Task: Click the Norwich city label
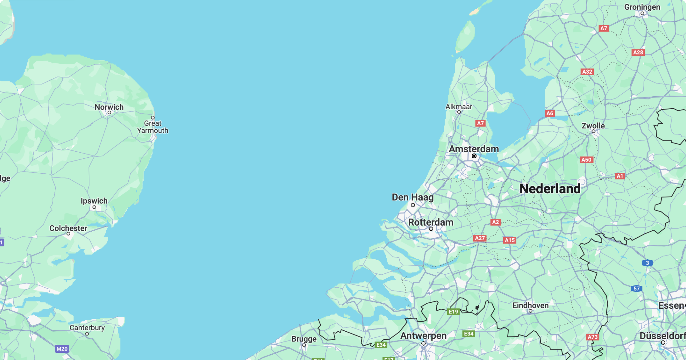coord(109,107)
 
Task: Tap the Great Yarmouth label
coord(153,127)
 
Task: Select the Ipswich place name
coord(94,201)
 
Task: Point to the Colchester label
coord(68,228)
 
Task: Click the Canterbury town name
coord(87,328)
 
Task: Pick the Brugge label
coord(304,339)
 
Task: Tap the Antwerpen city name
coord(423,336)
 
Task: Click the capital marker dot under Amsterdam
coord(474,156)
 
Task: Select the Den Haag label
coord(413,197)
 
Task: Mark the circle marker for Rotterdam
coord(431,229)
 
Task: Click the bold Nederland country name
coord(550,189)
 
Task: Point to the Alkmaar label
coord(459,107)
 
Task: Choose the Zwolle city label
coord(593,126)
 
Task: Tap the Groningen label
coord(642,7)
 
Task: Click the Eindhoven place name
coord(530,305)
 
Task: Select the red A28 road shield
coord(638,53)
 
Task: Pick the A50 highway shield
coord(586,160)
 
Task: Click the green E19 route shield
coord(453,312)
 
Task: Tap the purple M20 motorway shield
coord(62,349)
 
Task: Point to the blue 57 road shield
coord(637,289)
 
